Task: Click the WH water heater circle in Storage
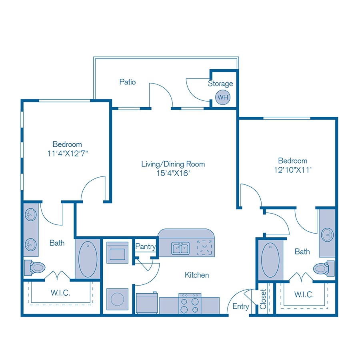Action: pos(222,97)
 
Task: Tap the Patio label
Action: pos(128,82)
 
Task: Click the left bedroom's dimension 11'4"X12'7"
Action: pos(67,153)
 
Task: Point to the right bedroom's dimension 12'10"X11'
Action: pos(293,170)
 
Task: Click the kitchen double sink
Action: pos(181,248)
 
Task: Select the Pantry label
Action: pos(146,247)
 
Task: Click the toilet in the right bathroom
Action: pos(323,267)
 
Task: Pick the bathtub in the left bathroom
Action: pos(88,259)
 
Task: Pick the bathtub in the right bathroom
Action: pos(270,259)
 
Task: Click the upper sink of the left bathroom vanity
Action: pos(30,215)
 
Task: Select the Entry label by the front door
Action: pos(241,307)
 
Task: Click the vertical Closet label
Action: pos(263,299)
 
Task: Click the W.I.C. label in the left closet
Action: pos(61,293)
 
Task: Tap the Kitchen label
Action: pos(197,275)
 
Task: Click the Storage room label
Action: pos(220,84)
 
